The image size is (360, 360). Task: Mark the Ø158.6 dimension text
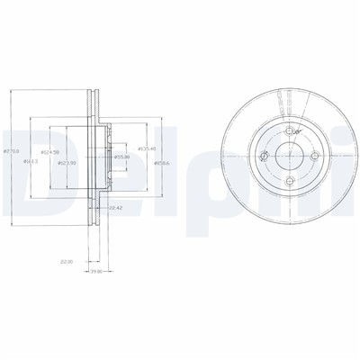tap(162, 162)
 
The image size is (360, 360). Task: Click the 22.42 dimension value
tap(116, 209)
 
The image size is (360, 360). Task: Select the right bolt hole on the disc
tap(318, 158)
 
